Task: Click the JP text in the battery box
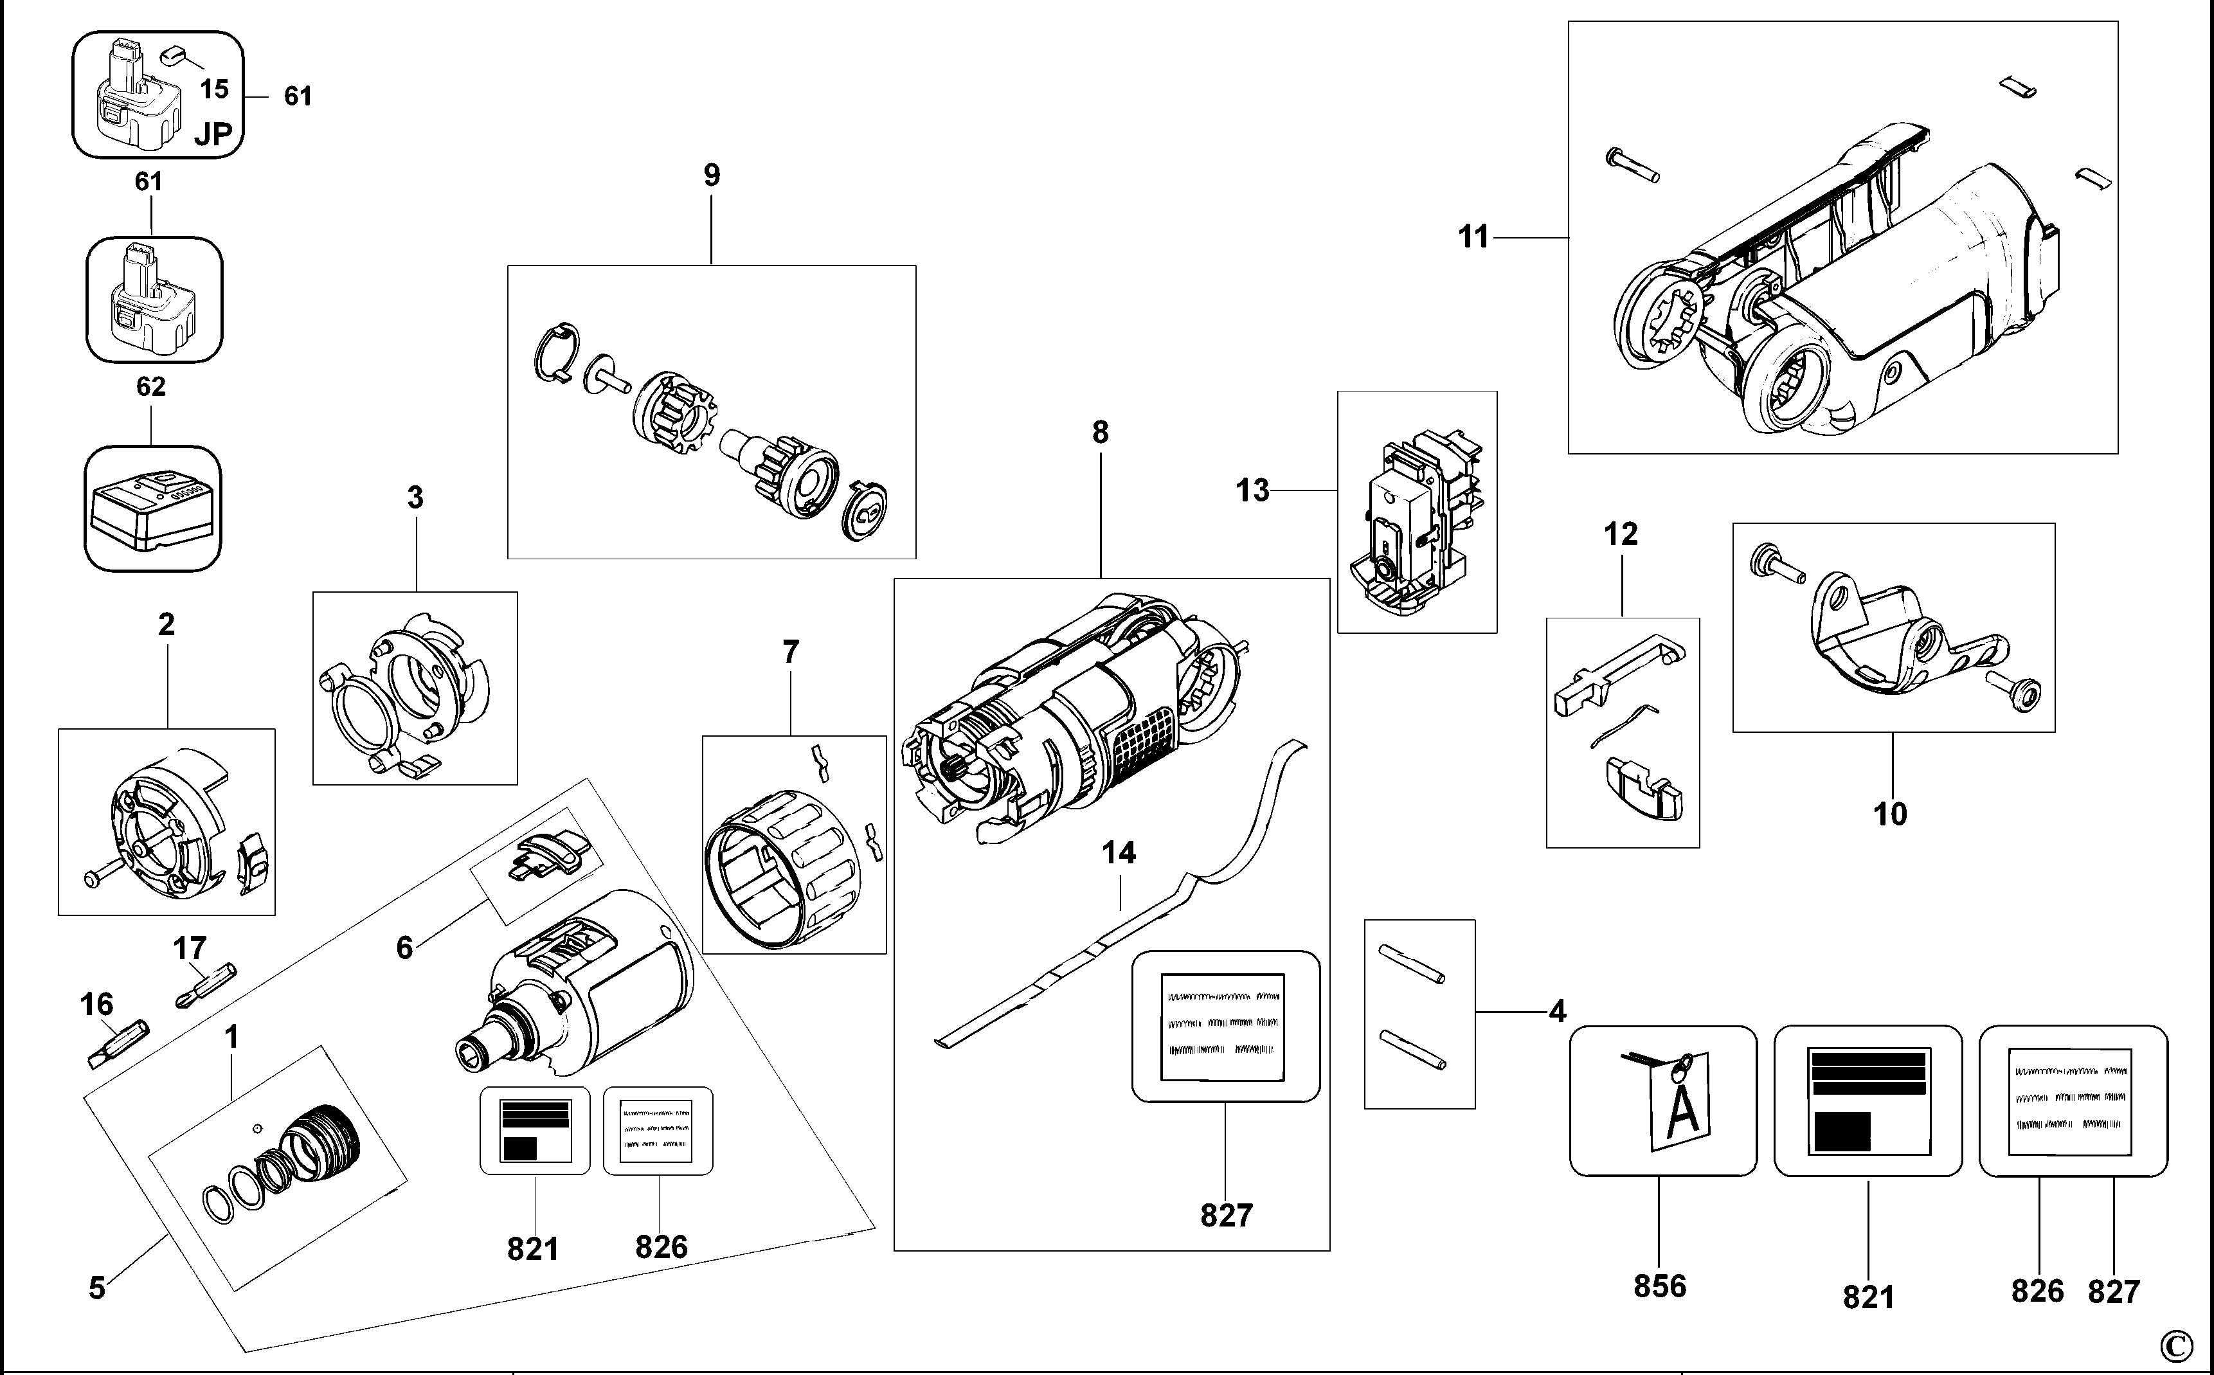point(213,134)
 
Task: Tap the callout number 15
point(215,89)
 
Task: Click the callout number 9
point(712,175)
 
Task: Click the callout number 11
point(1473,237)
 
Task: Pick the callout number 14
point(1119,853)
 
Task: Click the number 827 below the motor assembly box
point(1227,1215)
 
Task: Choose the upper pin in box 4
point(1411,964)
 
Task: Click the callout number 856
point(1659,1286)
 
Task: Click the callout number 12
point(1620,534)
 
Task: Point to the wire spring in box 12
point(1624,725)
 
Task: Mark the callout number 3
point(415,498)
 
